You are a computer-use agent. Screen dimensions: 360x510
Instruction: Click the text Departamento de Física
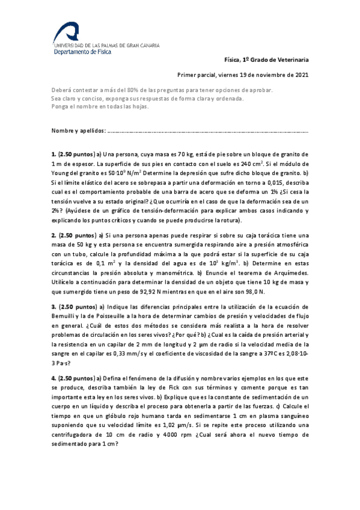coord(81,52)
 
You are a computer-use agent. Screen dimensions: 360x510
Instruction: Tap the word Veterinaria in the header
coord(291,60)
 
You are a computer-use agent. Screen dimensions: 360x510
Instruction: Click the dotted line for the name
coord(207,131)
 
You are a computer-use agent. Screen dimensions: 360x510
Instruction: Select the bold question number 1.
coord(53,155)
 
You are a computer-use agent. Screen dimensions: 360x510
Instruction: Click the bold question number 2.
coord(53,235)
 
